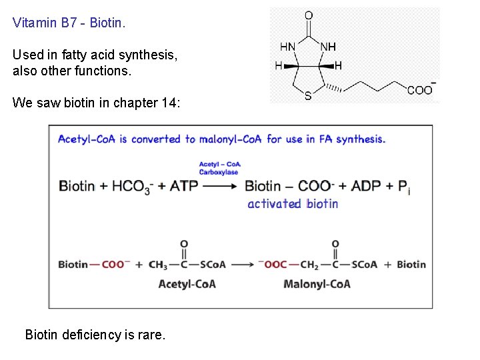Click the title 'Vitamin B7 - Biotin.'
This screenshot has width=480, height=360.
pos(69,23)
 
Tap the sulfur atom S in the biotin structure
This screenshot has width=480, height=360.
pos(307,96)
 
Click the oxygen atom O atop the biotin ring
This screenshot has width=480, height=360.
pos(309,15)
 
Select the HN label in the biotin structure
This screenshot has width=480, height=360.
pos(288,47)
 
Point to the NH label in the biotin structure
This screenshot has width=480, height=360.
pos(328,47)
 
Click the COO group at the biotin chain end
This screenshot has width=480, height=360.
pos(421,90)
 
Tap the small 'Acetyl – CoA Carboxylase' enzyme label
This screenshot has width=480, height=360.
pos(219,168)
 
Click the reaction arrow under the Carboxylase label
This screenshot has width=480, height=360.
pos(221,186)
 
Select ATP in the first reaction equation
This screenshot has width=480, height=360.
pos(184,186)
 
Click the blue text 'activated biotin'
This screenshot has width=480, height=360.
pos(293,203)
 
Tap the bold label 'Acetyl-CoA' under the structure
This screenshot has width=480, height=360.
pos(187,284)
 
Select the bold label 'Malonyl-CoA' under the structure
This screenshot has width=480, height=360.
pos(317,284)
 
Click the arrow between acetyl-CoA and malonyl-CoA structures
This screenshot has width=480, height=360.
pos(242,264)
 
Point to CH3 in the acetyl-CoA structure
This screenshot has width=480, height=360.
pos(158,265)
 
